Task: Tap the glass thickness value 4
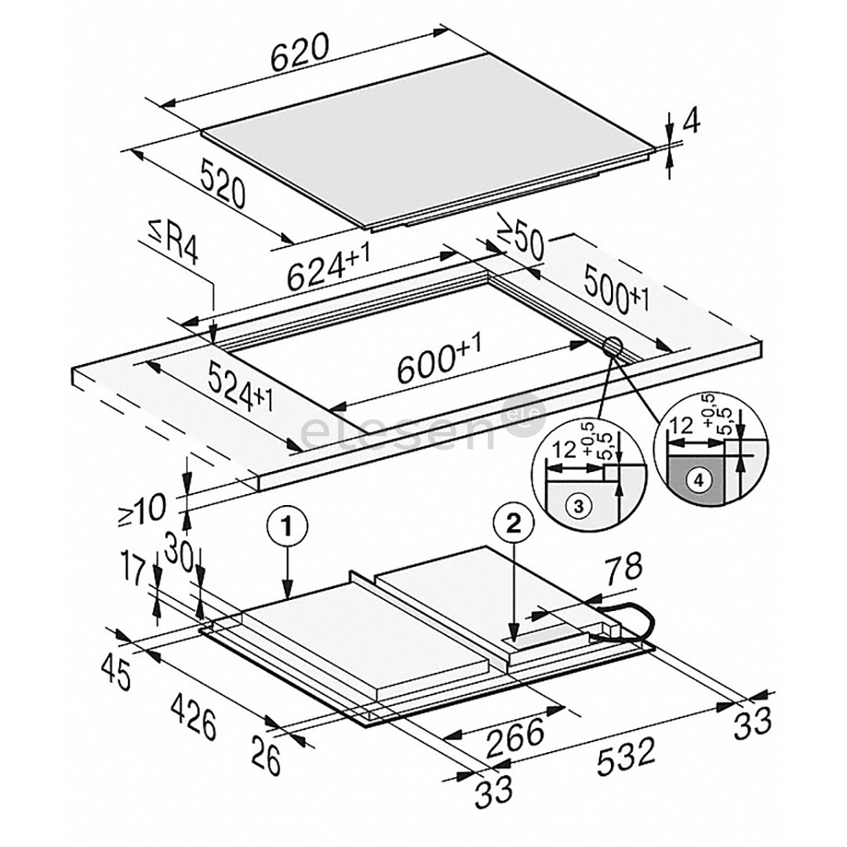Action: coord(691,123)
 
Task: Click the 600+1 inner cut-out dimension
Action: coord(438,357)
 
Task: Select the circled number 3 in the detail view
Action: coord(577,506)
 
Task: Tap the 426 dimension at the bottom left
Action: coord(194,718)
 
